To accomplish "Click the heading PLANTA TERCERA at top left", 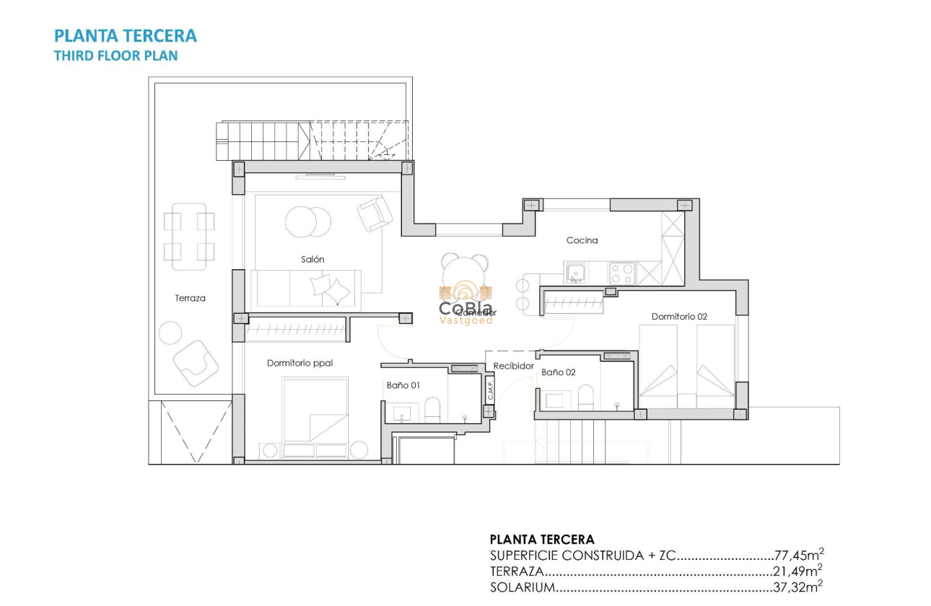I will [126, 36].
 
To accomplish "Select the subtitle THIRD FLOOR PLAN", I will [115, 56].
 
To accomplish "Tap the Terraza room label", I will [190, 298].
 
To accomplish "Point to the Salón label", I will [312, 259].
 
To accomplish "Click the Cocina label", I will [582, 240].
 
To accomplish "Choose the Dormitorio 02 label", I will [679, 316].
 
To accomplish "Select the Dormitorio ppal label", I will [300, 363].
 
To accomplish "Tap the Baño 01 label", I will [403, 385].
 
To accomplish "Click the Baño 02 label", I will [558, 372].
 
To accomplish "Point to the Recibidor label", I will [513, 366].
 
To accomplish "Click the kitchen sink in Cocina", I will [575, 273].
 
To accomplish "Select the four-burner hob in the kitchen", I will [622, 273].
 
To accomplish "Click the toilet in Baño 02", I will [585, 397].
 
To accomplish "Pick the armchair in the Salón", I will [375, 214].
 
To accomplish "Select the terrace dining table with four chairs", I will [189, 237].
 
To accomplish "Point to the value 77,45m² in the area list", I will [798, 555].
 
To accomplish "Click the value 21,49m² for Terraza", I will [798, 571].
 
